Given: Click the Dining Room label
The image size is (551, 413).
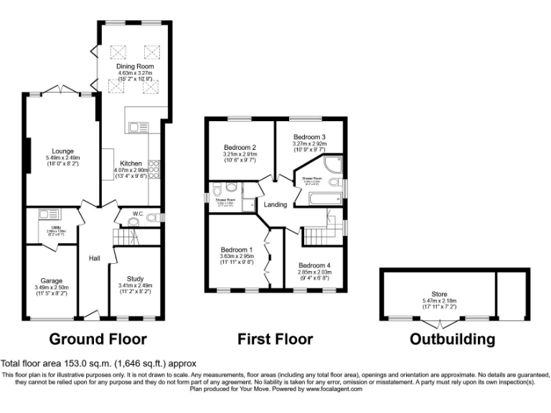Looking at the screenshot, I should click(131, 66).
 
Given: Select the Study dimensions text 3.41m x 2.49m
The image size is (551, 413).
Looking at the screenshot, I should click(135, 285).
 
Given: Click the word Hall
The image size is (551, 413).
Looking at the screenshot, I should click(94, 258).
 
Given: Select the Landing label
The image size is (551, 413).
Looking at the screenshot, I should click(275, 204).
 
